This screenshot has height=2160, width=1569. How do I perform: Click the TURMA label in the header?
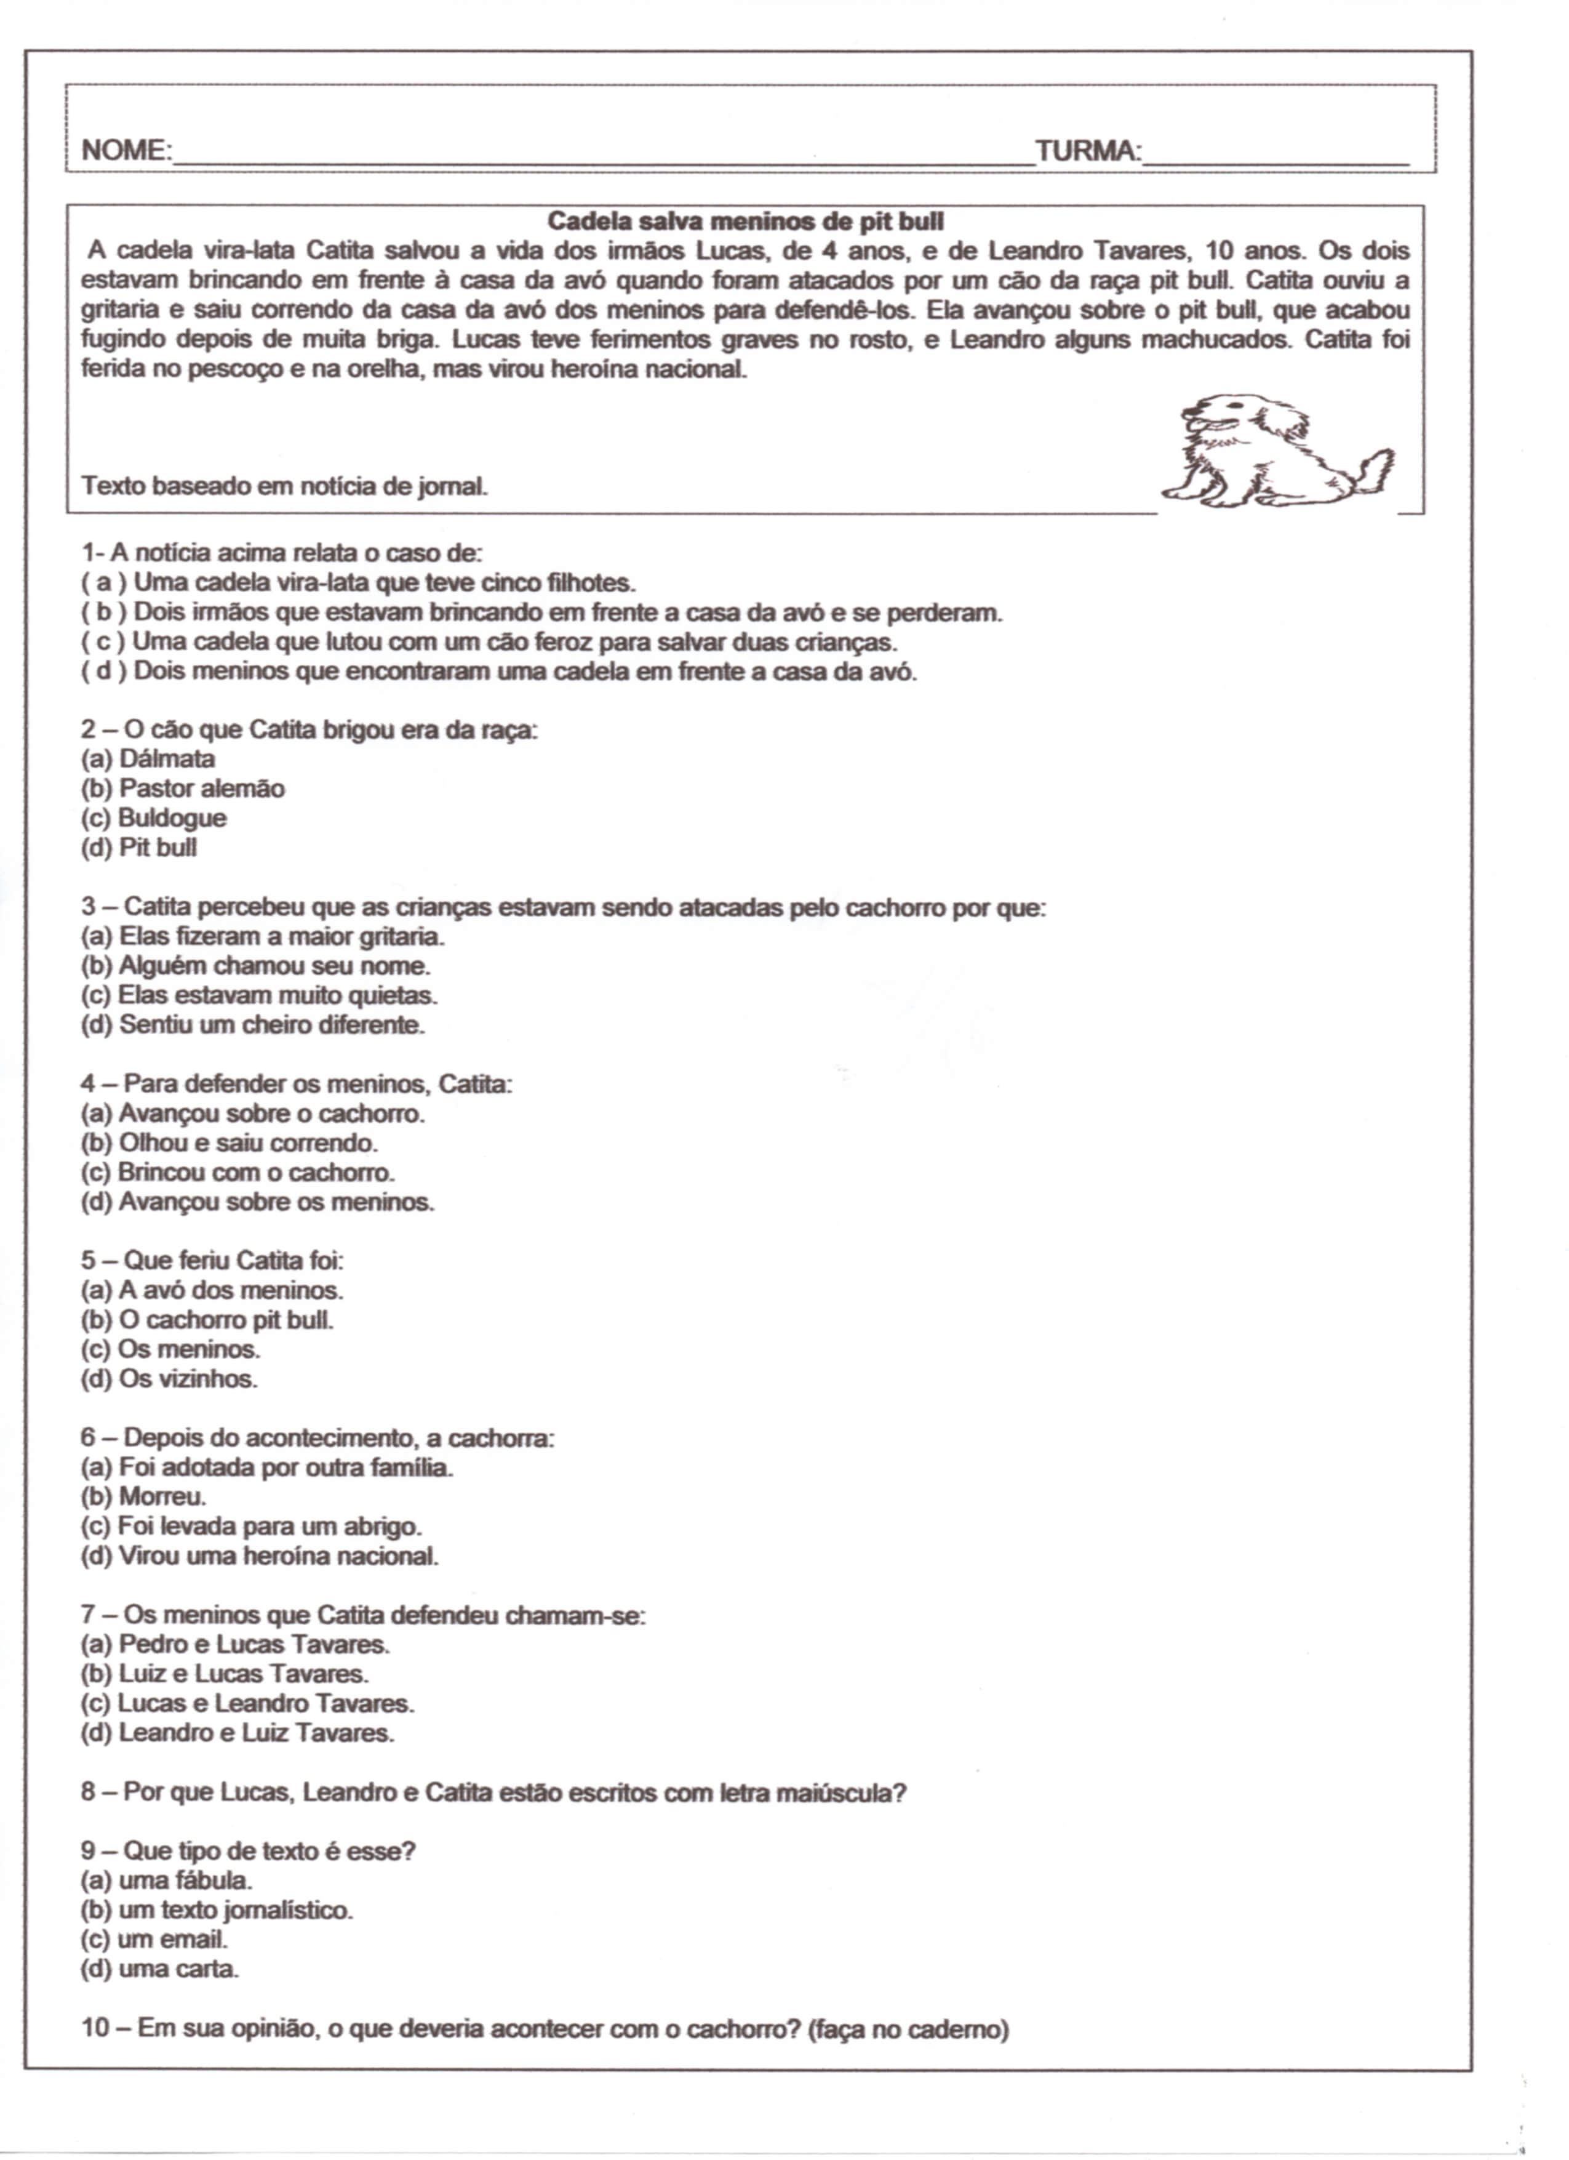1087,150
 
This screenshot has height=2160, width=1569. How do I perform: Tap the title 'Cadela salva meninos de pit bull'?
746,222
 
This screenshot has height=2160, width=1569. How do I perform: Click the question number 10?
96,2028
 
